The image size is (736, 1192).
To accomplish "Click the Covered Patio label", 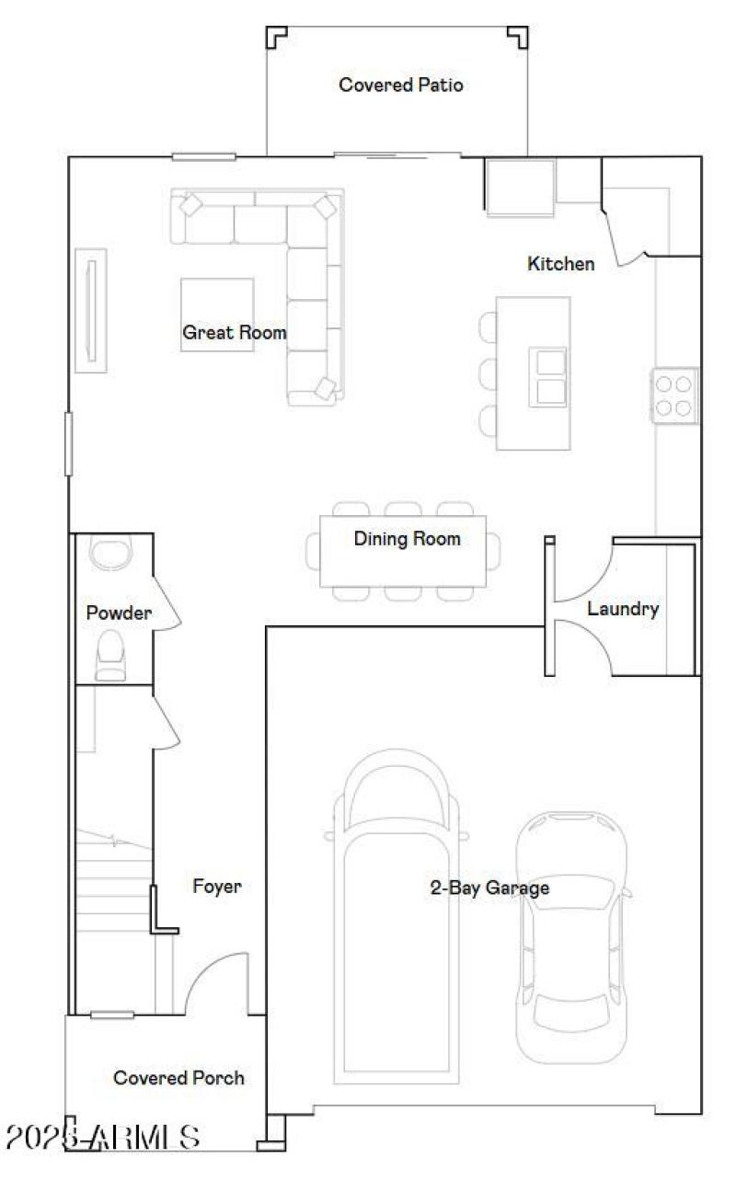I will click(x=400, y=86).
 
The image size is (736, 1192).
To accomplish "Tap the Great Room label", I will click(x=234, y=332).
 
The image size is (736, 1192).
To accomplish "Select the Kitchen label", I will click(x=560, y=264).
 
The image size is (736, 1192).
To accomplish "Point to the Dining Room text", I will click(x=407, y=539).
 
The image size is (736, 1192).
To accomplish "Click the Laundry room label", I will click(x=623, y=609).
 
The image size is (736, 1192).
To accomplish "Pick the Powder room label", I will click(x=119, y=613).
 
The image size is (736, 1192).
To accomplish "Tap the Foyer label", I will click(x=217, y=887).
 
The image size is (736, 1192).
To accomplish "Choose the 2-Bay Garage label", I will click(x=489, y=888).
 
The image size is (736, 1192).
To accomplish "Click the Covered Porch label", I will click(x=178, y=1078).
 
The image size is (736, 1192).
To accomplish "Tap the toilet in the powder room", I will click(x=110, y=655).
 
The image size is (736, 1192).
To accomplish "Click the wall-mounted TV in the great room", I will click(x=91, y=310).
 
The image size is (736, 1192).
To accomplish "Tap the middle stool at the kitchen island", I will click(x=488, y=373).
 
